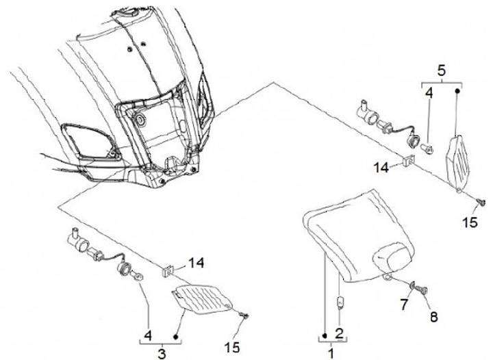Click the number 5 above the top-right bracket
click(441, 70)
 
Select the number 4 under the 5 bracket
click(428, 92)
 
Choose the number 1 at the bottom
click(332, 353)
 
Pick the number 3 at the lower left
click(162, 353)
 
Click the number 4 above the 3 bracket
click(147, 335)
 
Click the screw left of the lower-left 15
click(244, 314)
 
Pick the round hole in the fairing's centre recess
click(142, 120)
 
